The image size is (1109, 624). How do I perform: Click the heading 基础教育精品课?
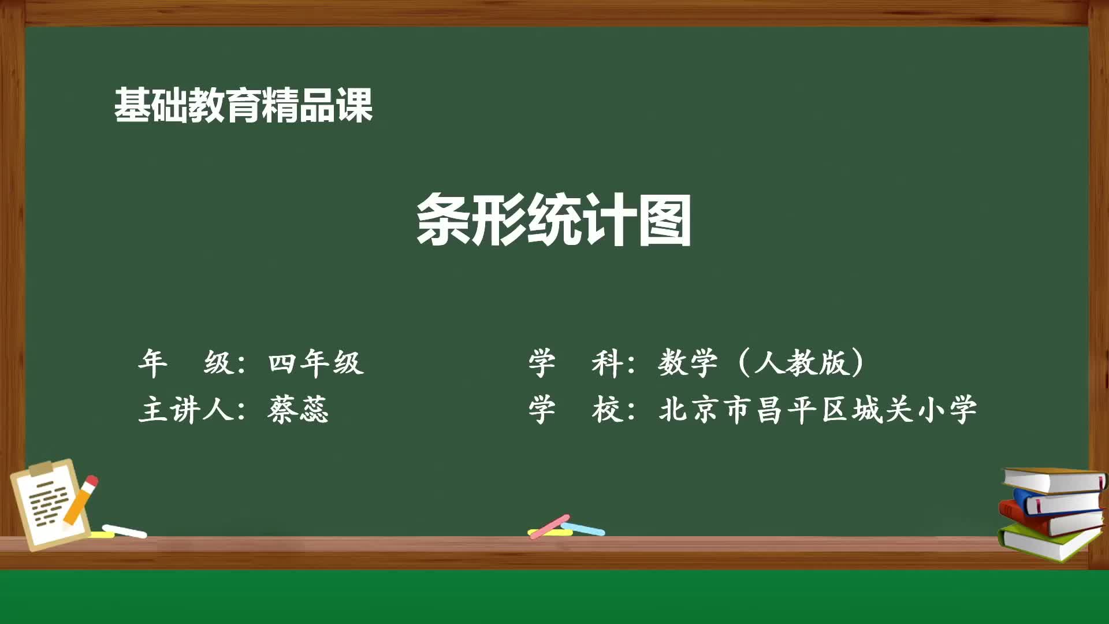click(243, 105)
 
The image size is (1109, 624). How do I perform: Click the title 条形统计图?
click(553, 220)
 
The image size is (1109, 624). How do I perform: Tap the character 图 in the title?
click(664, 220)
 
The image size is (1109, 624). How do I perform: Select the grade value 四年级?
click(315, 363)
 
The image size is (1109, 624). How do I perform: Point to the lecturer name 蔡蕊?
click(298, 410)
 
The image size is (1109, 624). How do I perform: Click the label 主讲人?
click(186, 410)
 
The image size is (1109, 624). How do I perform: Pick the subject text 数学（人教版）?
click(761, 363)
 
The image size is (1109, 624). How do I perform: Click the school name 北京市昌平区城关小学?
click(817, 410)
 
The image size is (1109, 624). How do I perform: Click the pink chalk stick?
click(549, 527)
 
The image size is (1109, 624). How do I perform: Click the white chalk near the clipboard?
click(124, 530)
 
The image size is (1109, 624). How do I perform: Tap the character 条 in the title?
click(442, 220)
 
